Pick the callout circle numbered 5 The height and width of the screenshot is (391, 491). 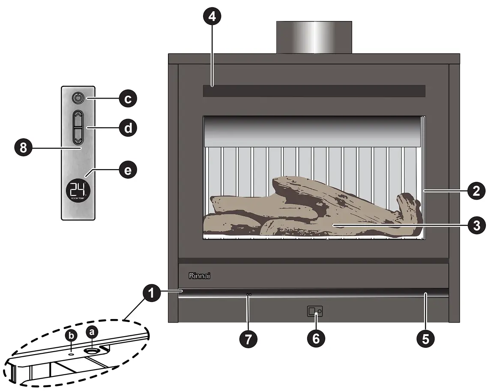click(x=425, y=338)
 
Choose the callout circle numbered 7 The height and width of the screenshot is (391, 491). click(x=248, y=338)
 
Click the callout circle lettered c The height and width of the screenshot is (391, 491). click(x=127, y=99)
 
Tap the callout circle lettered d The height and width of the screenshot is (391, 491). click(x=127, y=128)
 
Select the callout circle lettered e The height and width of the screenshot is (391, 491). click(x=127, y=170)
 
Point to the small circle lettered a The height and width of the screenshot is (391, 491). click(x=92, y=331)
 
